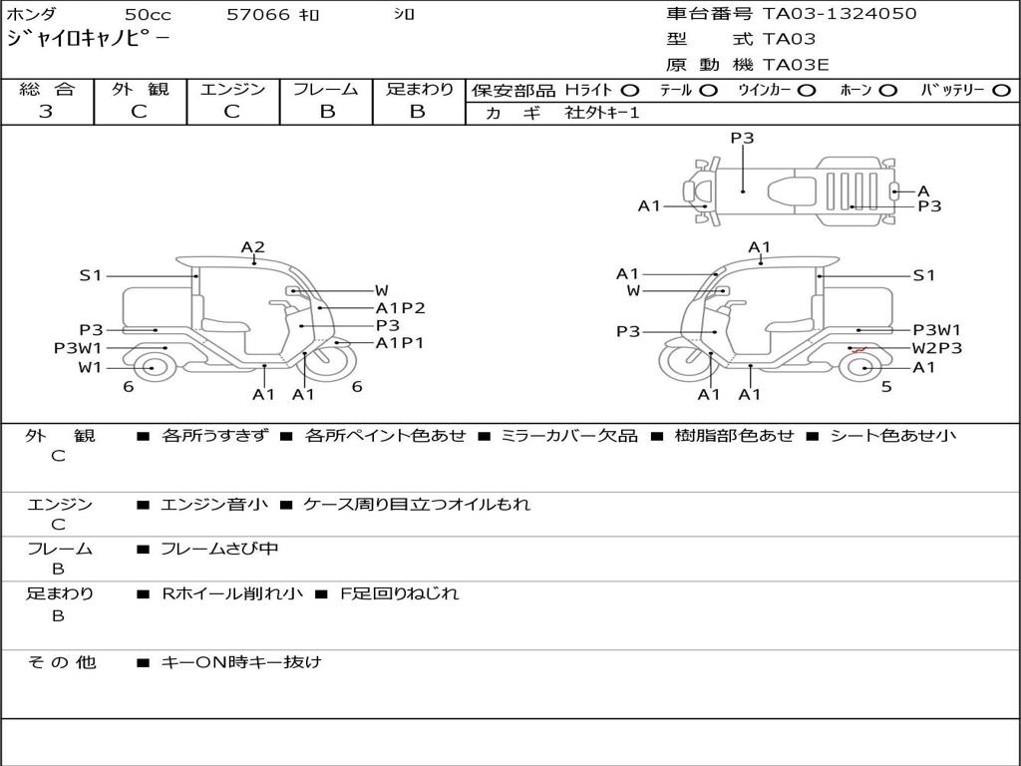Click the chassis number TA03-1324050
click(840, 14)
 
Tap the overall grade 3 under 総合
click(46, 112)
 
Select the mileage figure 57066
click(258, 14)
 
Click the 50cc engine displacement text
click(148, 14)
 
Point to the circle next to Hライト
click(630, 91)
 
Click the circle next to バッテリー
click(1001, 91)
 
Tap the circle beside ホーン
click(887, 91)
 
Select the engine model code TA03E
click(796, 65)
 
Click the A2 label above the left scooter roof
click(252, 247)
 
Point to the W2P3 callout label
click(936, 348)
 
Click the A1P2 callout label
click(400, 308)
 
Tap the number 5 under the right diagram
click(886, 387)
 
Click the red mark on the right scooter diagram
click(858, 350)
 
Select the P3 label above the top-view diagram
click(742, 138)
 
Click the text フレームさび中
click(219, 550)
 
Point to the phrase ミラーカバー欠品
click(568, 435)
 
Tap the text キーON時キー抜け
click(241, 662)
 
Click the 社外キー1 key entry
click(602, 113)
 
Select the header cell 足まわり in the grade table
click(419, 89)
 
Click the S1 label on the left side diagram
click(91, 275)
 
